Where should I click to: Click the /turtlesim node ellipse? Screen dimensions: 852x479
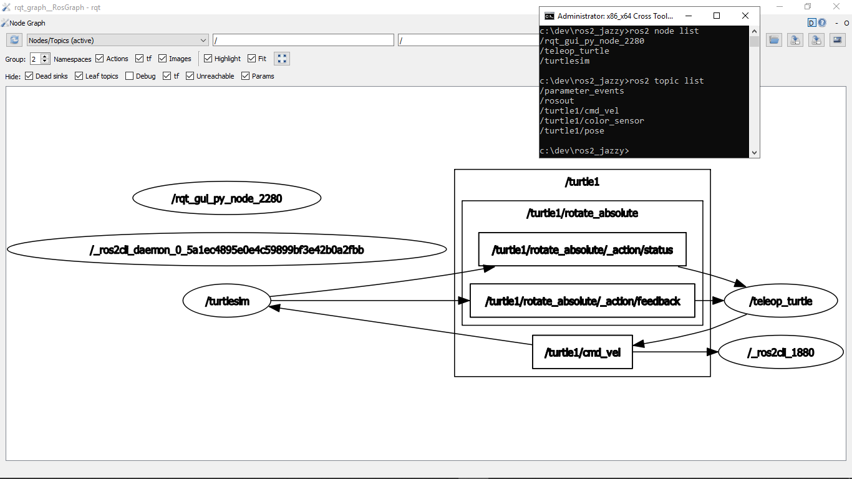(226, 301)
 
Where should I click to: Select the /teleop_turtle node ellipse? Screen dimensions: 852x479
(781, 301)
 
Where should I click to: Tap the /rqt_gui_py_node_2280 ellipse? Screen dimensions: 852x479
(226, 198)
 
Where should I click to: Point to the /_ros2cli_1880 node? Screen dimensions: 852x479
(781, 352)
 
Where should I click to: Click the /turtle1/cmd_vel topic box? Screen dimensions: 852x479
(583, 352)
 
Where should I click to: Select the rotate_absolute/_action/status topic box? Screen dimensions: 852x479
(583, 249)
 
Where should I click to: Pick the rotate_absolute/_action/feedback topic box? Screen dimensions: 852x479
(583, 301)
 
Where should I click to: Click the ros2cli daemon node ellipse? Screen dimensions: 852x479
(226, 249)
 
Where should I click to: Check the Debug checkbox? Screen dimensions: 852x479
(129, 76)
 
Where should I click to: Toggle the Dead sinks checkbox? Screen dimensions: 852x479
(29, 76)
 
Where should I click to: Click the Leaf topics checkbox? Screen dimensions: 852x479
(79, 76)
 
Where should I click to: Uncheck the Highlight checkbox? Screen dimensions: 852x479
(208, 59)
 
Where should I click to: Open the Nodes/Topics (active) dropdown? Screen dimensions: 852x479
(117, 40)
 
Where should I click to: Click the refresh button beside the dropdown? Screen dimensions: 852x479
(14, 40)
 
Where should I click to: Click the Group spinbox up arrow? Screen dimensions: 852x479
(45, 56)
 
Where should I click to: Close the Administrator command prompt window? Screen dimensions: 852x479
(745, 16)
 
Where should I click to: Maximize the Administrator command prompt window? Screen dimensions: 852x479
(717, 16)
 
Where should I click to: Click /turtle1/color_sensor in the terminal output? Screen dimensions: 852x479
(592, 120)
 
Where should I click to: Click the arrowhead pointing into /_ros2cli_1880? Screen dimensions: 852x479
(712, 352)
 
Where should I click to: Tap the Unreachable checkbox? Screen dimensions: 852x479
(190, 76)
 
